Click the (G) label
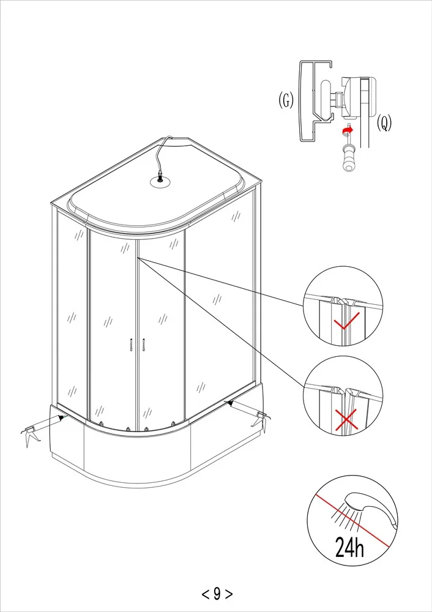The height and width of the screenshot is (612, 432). pyautogui.click(x=286, y=100)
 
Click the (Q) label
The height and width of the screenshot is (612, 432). pyautogui.click(x=384, y=123)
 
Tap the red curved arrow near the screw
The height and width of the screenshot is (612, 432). pyautogui.click(x=346, y=130)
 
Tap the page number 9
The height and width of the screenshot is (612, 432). pyautogui.click(x=217, y=593)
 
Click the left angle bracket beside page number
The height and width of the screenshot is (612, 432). pyautogui.click(x=205, y=593)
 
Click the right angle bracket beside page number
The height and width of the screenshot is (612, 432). pyautogui.click(x=229, y=593)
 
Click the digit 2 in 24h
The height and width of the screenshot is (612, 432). pyautogui.click(x=340, y=547)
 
